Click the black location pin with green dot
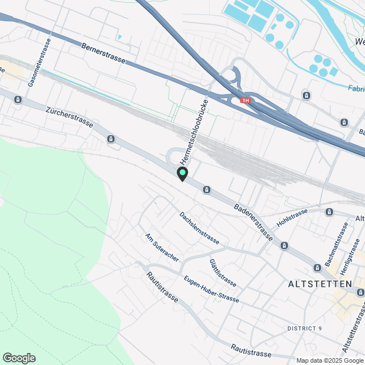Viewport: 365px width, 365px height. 182,173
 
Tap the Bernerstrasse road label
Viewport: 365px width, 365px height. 103,55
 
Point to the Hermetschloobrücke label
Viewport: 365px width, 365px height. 193,129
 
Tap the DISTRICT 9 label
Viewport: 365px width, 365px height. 305,328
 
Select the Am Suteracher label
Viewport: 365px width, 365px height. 162,248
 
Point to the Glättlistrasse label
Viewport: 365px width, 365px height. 222,273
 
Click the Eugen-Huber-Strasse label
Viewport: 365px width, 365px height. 211,290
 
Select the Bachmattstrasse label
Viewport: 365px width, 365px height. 336,244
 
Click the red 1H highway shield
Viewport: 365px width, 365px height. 245,100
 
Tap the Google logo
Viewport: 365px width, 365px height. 19,358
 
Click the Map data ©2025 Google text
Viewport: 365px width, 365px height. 329,360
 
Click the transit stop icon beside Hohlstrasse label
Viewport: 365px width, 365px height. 329,212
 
